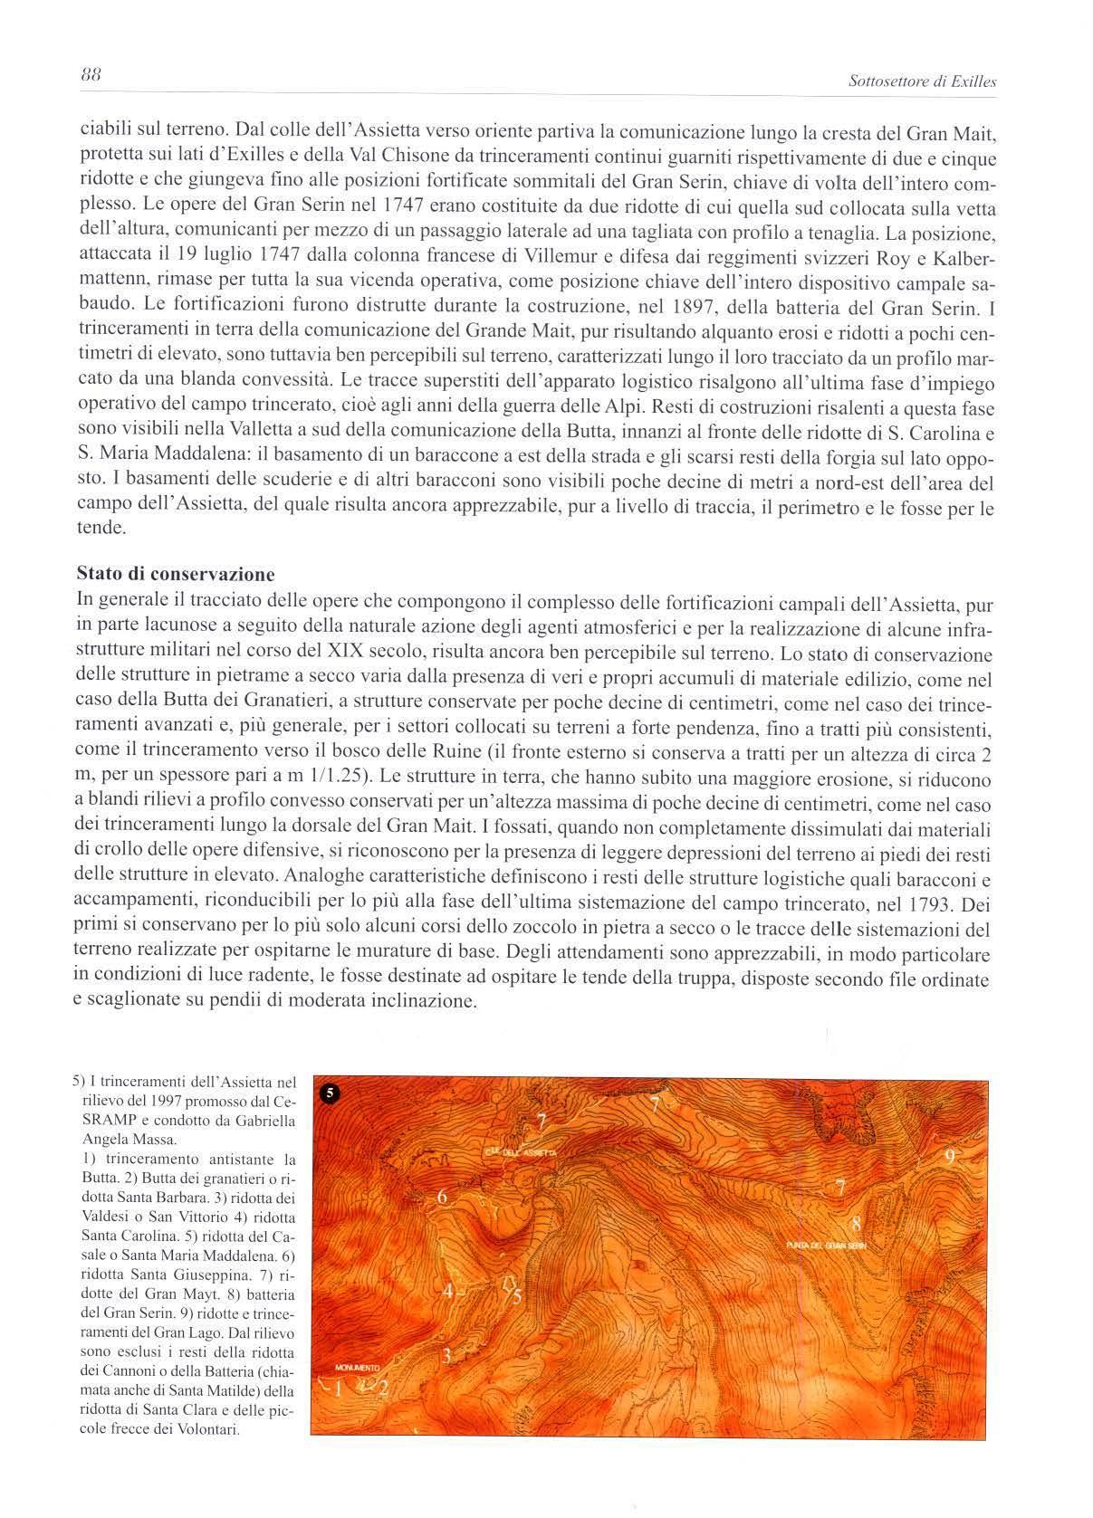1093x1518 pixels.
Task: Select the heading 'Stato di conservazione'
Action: pyautogui.click(x=176, y=574)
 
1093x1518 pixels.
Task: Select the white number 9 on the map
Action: pyautogui.click(x=950, y=1155)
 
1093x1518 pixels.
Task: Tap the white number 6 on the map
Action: pyautogui.click(x=443, y=1198)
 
